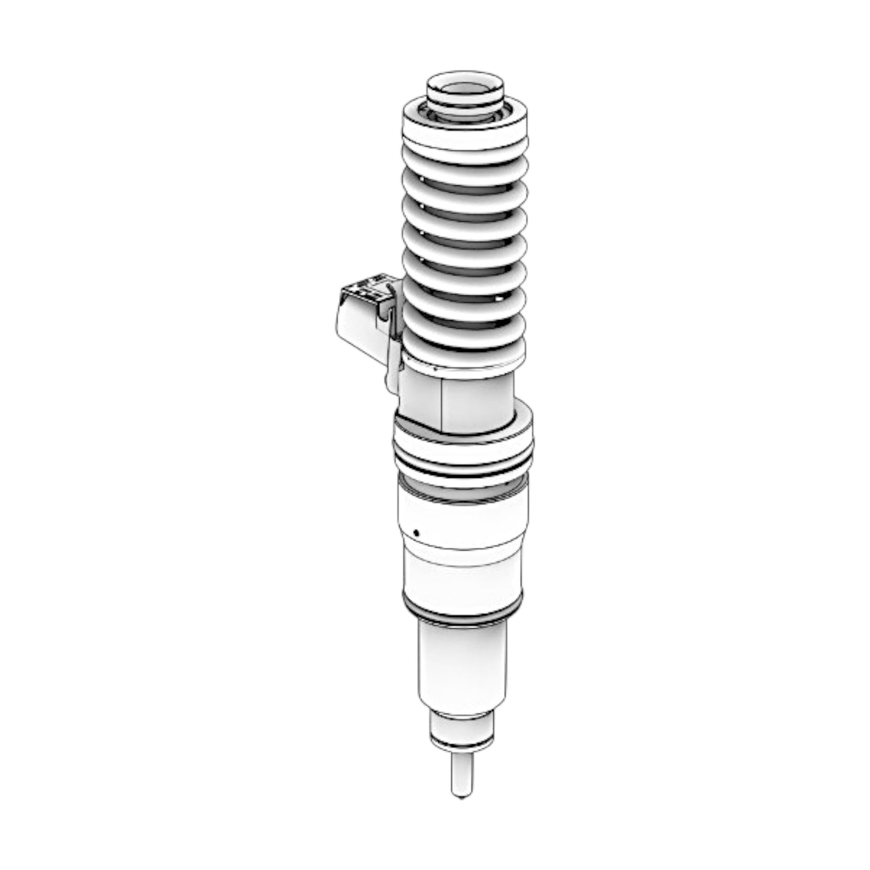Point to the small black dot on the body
(x=415, y=532)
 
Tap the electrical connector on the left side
(x=360, y=319)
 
